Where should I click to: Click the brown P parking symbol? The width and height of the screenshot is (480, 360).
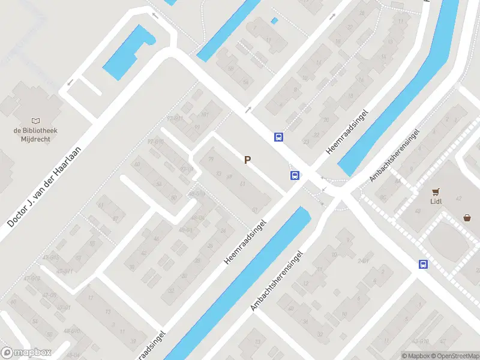point(247,160)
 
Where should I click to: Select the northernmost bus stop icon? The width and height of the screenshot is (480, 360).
point(278,137)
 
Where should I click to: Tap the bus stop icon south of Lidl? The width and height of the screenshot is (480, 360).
point(423,264)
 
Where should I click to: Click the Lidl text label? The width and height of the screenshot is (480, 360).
point(436,202)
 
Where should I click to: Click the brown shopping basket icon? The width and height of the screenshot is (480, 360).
point(467,218)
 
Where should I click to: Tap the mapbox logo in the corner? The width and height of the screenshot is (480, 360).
point(26,353)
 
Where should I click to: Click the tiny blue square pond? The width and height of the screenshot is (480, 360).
point(274,21)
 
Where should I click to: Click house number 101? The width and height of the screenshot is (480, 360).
point(205,114)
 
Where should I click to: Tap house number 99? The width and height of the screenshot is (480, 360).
point(196,127)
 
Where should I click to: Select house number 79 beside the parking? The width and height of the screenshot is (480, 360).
point(211,159)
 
